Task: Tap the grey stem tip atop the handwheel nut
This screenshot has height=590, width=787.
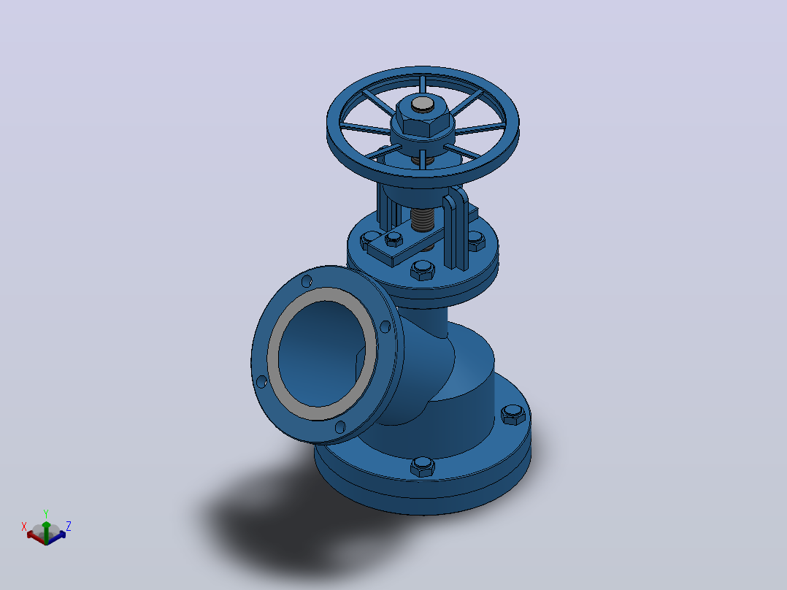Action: click(x=423, y=104)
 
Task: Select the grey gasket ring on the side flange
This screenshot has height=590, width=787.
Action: click(x=322, y=354)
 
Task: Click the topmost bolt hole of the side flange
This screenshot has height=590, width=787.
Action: click(x=307, y=281)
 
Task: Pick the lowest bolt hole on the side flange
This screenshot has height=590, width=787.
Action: click(x=339, y=427)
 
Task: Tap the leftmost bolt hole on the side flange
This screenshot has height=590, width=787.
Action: click(x=261, y=382)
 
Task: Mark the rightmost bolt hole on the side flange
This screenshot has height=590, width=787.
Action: click(x=385, y=327)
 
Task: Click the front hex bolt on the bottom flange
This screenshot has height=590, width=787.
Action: click(x=423, y=467)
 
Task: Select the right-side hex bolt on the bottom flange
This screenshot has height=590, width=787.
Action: click(x=513, y=414)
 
